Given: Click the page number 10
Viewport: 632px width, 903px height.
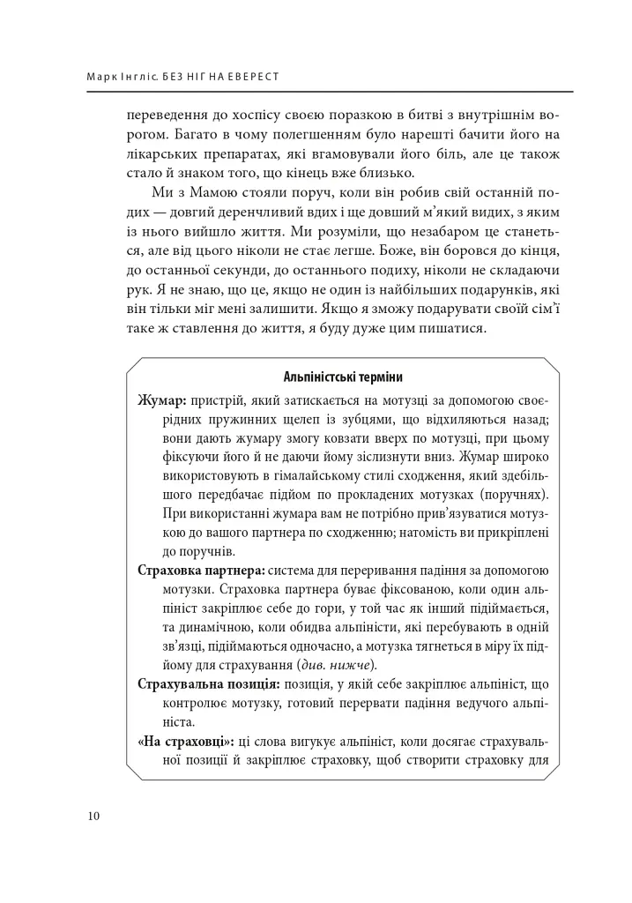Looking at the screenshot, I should [x=93, y=815].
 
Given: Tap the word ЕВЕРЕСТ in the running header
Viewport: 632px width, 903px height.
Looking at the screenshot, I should [x=252, y=77].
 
